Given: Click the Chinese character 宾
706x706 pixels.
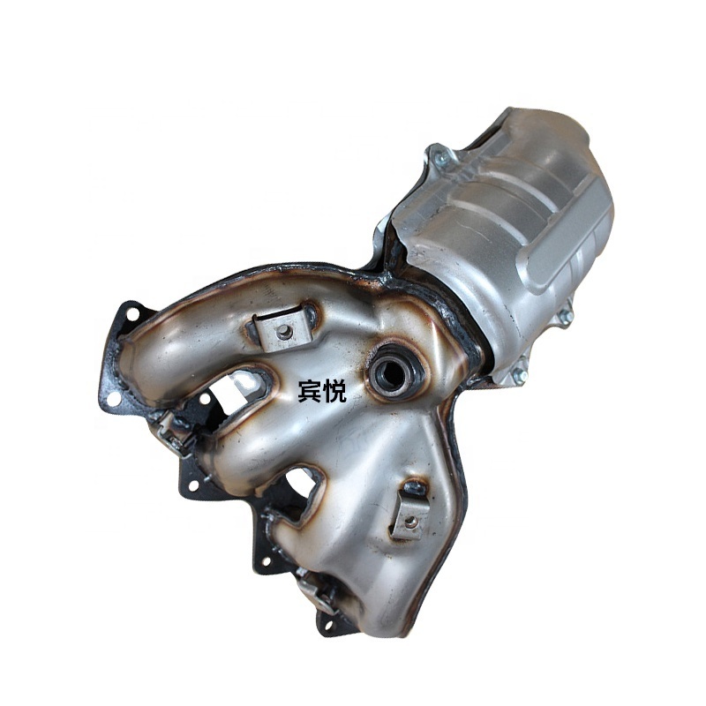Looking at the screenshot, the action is [x=310, y=391].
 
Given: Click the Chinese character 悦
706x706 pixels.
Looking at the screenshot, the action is [x=334, y=391].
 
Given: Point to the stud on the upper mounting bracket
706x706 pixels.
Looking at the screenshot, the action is [x=282, y=332].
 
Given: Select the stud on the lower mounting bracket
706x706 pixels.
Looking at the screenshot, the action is [x=409, y=522].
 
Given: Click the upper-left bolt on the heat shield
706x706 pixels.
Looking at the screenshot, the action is [x=439, y=157].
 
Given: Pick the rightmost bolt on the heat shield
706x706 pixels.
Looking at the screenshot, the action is [x=564, y=316].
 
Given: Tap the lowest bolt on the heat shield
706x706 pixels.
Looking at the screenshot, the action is [x=518, y=373].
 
